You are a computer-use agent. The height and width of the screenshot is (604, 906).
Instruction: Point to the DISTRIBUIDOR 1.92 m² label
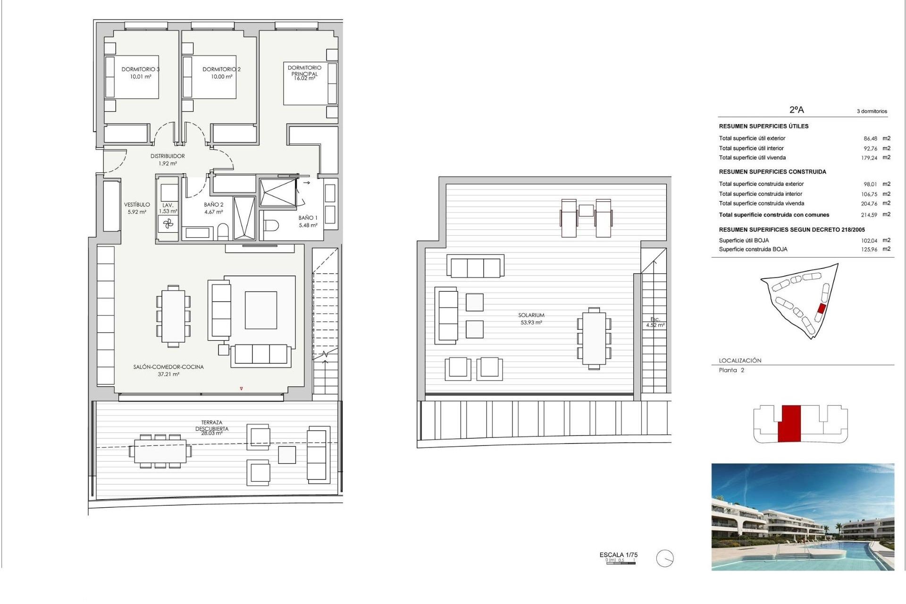coord(168,159)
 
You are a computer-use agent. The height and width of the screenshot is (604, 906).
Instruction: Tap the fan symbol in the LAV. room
coord(168,224)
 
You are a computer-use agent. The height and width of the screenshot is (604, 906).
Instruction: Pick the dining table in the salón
coord(173,316)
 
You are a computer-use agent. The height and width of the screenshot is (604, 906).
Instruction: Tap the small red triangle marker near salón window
coord(241,389)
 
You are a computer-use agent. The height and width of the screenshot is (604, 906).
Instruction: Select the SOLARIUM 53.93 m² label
coord(531,319)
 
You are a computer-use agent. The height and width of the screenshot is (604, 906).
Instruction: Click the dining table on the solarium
coord(594,338)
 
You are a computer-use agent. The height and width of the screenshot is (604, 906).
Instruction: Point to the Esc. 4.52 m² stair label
coord(655,322)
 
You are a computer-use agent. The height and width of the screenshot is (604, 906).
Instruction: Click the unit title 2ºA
coord(797,109)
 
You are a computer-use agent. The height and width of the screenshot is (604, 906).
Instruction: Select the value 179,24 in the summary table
coord(869,158)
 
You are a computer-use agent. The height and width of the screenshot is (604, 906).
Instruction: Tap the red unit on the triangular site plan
coord(821,309)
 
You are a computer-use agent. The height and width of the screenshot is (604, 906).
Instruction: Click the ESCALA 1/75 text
coord(618,555)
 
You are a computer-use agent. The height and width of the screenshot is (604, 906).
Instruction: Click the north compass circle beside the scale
coord(665,559)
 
